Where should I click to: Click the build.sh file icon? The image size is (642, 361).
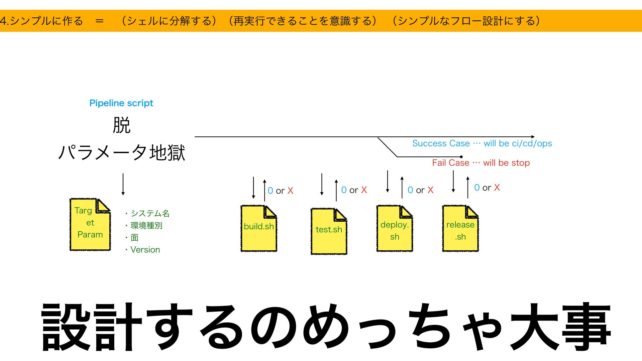(x=259, y=229)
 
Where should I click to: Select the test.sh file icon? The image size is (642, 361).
(x=329, y=231)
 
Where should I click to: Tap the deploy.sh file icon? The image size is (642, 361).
(x=395, y=229)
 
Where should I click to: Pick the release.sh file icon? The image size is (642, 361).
(x=460, y=229)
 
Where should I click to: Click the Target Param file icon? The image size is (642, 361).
(x=90, y=224)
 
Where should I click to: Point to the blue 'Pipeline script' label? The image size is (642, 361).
(x=121, y=103)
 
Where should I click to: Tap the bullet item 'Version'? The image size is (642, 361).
(x=145, y=250)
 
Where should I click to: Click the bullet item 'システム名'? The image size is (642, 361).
(x=150, y=213)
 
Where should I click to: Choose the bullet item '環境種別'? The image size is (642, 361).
(x=146, y=226)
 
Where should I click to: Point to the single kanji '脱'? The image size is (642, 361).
(x=121, y=125)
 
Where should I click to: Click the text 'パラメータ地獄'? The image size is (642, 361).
(x=121, y=152)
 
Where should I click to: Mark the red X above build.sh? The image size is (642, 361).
(x=290, y=191)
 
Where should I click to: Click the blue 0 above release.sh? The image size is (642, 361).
(x=477, y=188)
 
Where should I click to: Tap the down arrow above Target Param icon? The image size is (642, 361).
(x=123, y=184)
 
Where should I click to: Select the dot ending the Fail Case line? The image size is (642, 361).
(x=461, y=157)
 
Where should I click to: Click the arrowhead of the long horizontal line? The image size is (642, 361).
(x=533, y=137)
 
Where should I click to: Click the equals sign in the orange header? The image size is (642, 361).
(x=99, y=21)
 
